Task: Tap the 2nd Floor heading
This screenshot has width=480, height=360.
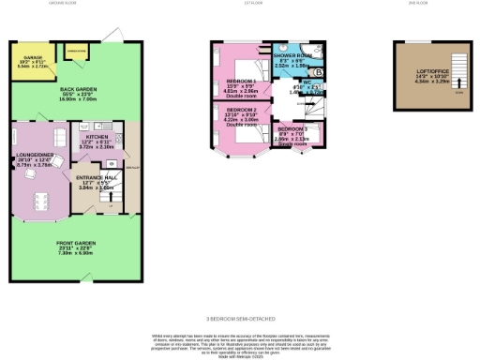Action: (417, 4)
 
